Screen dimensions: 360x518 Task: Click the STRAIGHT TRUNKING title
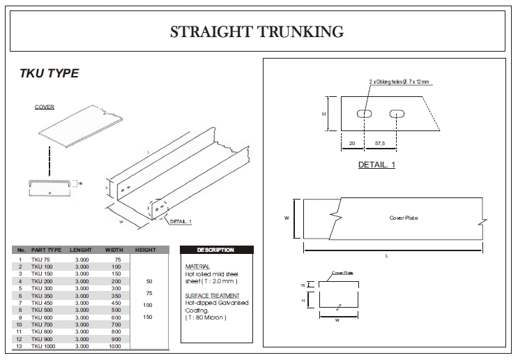[257, 31]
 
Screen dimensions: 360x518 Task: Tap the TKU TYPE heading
[48, 73]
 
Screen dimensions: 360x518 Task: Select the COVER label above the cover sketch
[45, 107]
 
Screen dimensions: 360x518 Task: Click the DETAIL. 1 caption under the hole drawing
[376, 165]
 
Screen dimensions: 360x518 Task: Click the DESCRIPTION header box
[215, 250]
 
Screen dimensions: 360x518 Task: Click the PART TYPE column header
[46, 250]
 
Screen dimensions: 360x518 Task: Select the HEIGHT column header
[145, 250]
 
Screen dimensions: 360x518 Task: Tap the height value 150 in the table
[148, 317]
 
